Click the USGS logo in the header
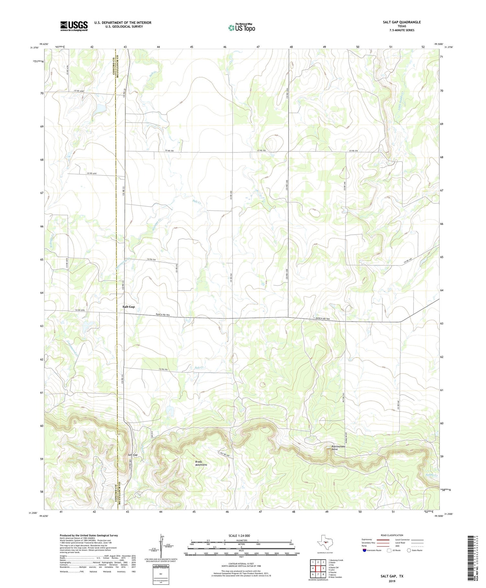pyautogui.click(x=74, y=26)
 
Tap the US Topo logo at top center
pyautogui.click(x=241, y=28)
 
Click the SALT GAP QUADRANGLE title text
pyautogui.click(x=401, y=22)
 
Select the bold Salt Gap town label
pyautogui.click(x=129, y=306)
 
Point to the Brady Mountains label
pyautogui.click(x=201, y=463)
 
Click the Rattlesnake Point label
pyautogui.click(x=339, y=448)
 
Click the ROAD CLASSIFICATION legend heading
pyautogui.click(x=392, y=535)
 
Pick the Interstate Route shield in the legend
pyautogui.click(x=364, y=550)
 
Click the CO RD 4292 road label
pyautogui.click(x=92, y=173)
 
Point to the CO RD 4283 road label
pyautogui.click(x=80, y=310)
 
